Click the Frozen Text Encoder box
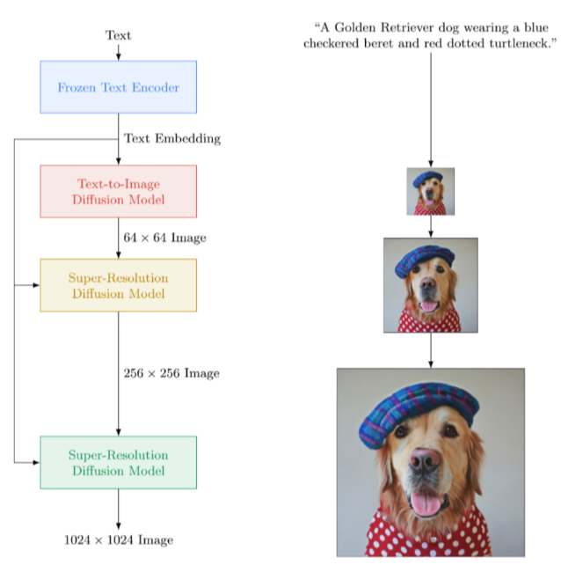pos(118,87)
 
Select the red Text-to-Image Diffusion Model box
pos(118,191)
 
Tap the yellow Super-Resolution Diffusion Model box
pos(118,285)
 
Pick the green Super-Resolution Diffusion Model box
pos(118,462)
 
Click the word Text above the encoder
pos(118,35)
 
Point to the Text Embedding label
pos(172,138)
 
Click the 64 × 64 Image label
pos(164,238)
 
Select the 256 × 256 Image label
pos(171,373)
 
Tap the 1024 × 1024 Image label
pos(119,539)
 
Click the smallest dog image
pos(430,192)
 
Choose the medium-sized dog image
pos(430,285)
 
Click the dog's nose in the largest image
pos(426,460)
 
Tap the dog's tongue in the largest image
pos(427,504)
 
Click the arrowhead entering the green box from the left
pos(35,462)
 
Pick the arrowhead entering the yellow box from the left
pos(35,285)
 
